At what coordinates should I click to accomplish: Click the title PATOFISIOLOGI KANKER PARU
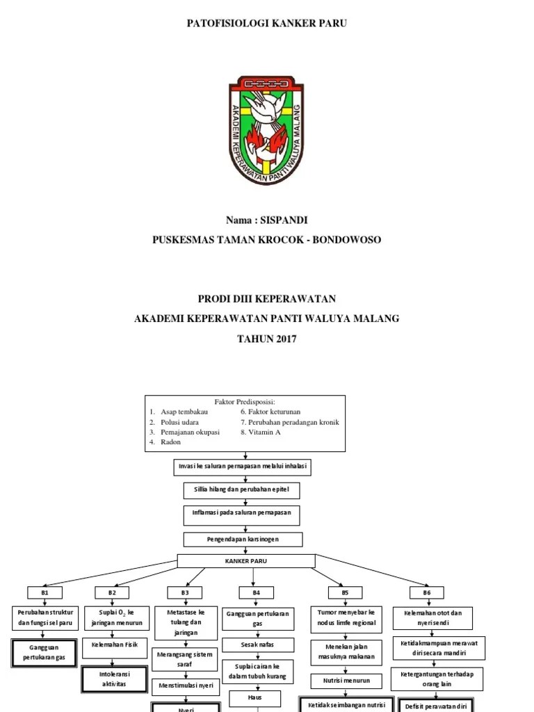point(267,24)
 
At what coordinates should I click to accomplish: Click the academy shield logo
point(266,131)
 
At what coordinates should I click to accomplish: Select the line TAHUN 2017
point(267,339)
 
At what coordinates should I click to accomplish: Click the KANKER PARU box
point(245,560)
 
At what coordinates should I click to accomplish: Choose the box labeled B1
point(44,592)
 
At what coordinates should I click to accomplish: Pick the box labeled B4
point(256,592)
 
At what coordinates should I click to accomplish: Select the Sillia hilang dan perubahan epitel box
point(242,491)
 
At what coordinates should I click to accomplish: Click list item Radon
point(171,442)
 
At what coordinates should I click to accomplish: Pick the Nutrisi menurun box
point(346,680)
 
